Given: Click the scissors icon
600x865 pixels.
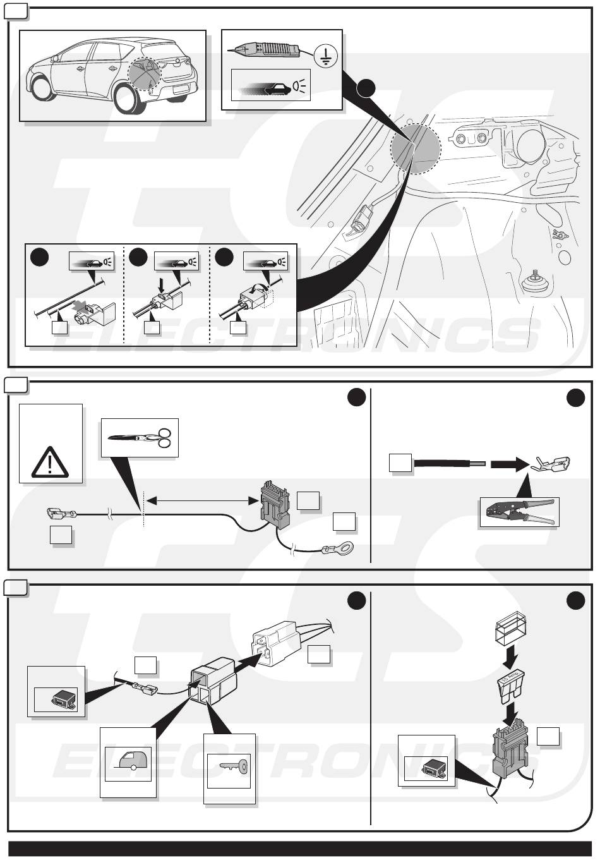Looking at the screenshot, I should tap(140, 437).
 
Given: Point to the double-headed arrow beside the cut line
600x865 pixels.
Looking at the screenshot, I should tap(200, 500).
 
